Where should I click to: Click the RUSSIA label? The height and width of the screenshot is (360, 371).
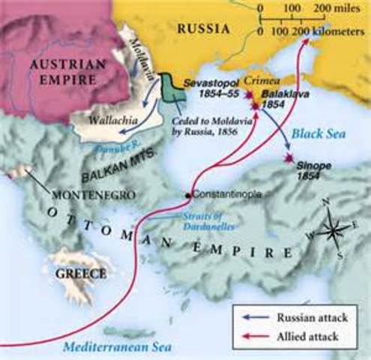(x=202, y=29)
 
